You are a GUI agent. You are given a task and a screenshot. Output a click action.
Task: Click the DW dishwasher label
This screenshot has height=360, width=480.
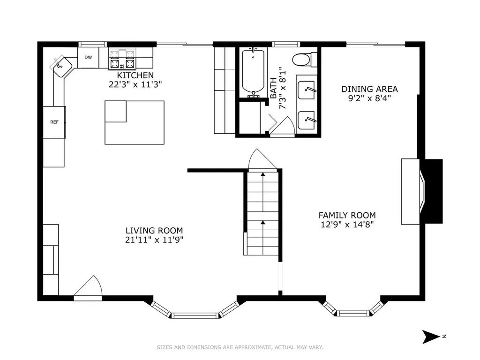pyautogui.click(x=88, y=57)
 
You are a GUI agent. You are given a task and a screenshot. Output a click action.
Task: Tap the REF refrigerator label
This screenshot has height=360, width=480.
pyautogui.click(x=54, y=122)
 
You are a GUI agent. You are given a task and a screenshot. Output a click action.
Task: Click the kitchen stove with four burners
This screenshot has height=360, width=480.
pyautogui.click(x=122, y=59)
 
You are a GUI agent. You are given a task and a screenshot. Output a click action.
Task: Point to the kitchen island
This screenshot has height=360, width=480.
pyautogui.click(x=135, y=122)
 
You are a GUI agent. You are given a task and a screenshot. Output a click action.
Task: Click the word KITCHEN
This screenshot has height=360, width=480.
pyautogui.click(x=135, y=75)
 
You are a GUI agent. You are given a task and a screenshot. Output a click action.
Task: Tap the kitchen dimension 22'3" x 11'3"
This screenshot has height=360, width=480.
pyautogui.click(x=135, y=84)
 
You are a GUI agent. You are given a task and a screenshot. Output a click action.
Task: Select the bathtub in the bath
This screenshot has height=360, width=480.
pyautogui.click(x=253, y=71)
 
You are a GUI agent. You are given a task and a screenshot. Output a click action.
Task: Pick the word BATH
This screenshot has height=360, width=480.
pyautogui.click(x=273, y=88)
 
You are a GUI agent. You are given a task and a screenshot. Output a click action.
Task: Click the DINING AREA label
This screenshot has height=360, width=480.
pyautogui.click(x=369, y=90)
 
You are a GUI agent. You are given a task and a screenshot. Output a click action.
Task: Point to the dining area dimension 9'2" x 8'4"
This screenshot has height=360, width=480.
pyautogui.click(x=369, y=98)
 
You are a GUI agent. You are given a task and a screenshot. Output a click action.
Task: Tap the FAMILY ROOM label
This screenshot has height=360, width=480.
pyautogui.click(x=347, y=215)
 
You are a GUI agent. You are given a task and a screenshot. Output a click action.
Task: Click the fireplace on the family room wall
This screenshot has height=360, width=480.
pyautogui.click(x=422, y=191)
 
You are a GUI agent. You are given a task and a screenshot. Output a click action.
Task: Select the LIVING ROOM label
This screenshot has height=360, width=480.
pyautogui.click(x=154, y=231)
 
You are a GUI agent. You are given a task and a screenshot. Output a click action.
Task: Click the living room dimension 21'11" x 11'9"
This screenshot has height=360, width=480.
pyautogui.click(x=154, y=240)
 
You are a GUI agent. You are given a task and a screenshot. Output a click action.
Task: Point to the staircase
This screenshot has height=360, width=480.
pyautogui.click(x=262, y=212)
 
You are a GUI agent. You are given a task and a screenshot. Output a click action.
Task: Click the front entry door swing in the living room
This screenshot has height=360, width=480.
pyautogui.click(x=88, y=288)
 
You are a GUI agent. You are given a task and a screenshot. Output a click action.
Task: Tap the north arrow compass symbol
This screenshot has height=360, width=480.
pyautogui.click(x=431, y=337)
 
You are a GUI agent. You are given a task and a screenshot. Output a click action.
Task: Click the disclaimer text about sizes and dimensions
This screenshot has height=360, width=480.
pyautogui.click(x=240, y=347)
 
